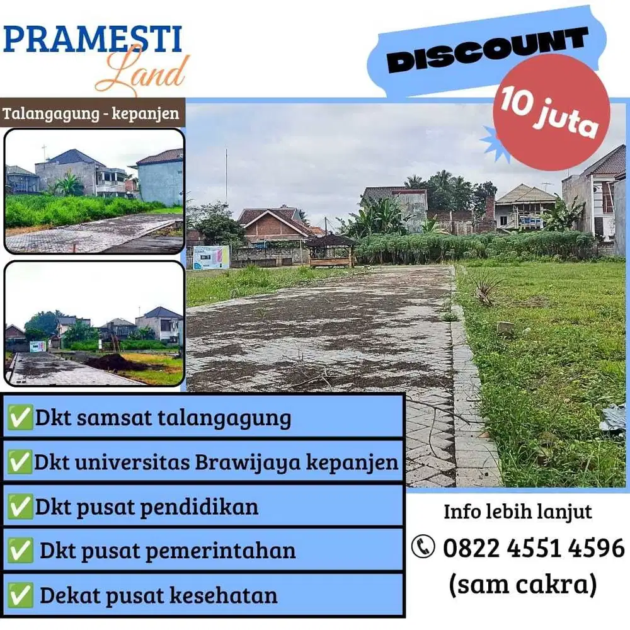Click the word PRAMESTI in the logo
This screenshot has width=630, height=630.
tap(93, 39)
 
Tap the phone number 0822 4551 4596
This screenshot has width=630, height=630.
tap(534, 547)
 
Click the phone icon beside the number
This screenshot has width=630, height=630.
tap(423, 547)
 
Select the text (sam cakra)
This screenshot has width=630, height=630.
tap(522, 584)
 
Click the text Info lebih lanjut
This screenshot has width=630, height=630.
tap(518, 511)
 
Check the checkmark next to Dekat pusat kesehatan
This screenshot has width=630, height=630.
tap(21, 595)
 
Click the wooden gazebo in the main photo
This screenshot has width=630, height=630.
tap(331, 250)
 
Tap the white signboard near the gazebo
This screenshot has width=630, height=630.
tap(211, 257)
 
